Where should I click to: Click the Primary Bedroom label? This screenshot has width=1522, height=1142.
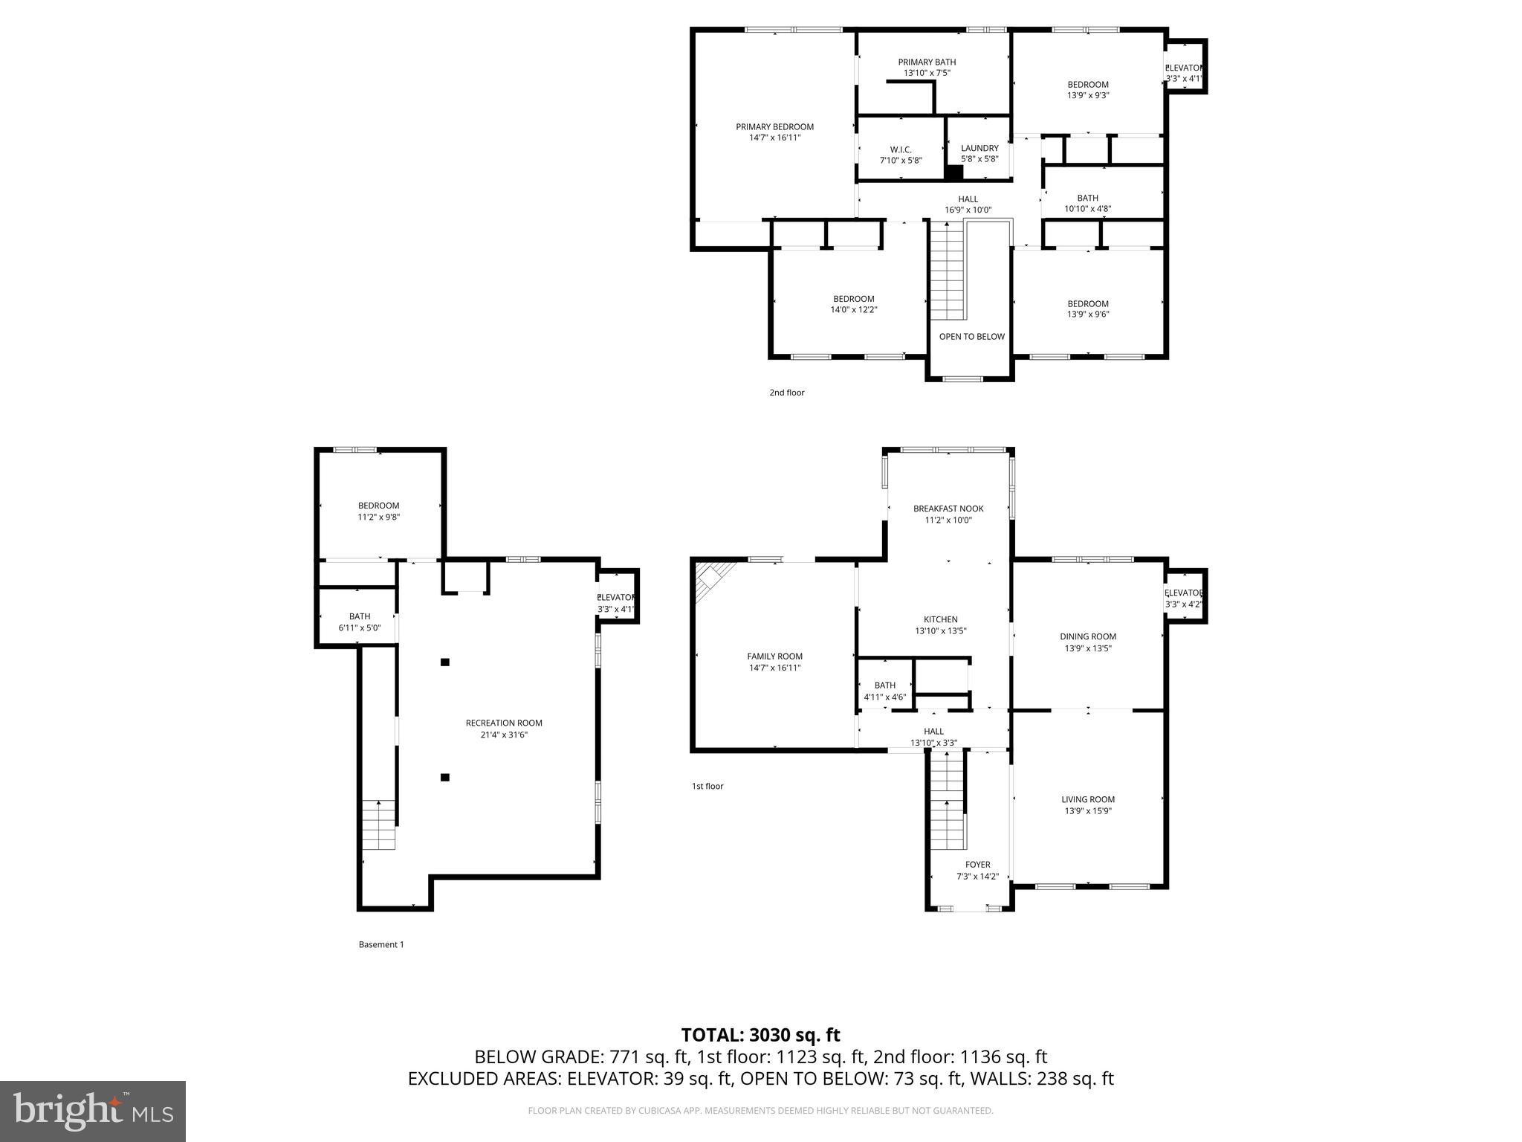pyautogui.click(x=774, y=127)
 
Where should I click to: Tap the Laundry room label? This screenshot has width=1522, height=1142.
pyautogui.click(x=979, y=148)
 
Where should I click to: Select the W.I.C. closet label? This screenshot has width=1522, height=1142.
pyautogui.click(x=900, y=149)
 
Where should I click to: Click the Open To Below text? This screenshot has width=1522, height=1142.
pyautogui.click(x=971, y=337)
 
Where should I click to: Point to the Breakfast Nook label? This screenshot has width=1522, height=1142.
pyautogui.click(x=948, y=509)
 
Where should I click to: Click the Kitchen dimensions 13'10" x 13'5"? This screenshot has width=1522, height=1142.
pyautogui.click(x=940, y=631)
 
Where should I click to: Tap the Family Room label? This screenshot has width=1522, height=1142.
pyautogui.click(x=774, y=657)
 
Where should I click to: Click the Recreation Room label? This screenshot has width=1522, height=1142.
pyautogui.click(x=503, y=723)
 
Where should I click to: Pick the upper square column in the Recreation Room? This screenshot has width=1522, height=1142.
pyautogui.click(x=445, y=662)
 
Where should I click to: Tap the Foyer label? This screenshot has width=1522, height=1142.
pyautogui.click(x=977, y=865)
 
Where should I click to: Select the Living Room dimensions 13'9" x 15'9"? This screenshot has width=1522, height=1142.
pyautogui.click(x=1087, y=811)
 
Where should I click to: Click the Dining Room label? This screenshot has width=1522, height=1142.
pyautogui.click(x=1087, y=636)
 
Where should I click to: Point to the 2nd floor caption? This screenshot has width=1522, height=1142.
pyautogui.click(x=786, y=393)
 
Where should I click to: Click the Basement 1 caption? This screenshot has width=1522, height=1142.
pyautogui.click(x=380, y=945)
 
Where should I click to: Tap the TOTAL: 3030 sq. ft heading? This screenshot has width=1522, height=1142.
pyautogui.click(x=760, y=1035)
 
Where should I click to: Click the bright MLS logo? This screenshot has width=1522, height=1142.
pyautogui.click(x=92, y=1111)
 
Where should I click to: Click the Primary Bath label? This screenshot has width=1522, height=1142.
pyautogui.click(x=926, y=62)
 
